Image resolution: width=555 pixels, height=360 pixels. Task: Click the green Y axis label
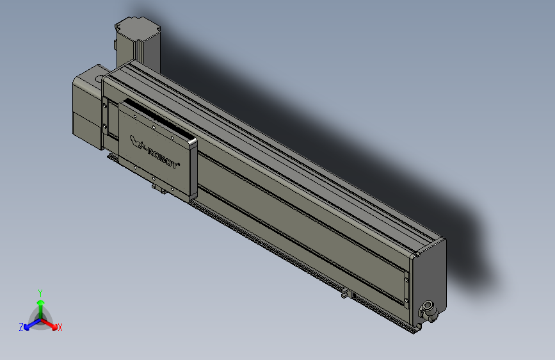40,291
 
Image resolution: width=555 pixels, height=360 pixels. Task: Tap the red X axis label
60,327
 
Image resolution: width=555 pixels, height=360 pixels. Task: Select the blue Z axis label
21,327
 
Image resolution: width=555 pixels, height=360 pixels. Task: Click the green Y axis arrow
40,304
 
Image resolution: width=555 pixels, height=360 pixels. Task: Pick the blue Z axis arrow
29,324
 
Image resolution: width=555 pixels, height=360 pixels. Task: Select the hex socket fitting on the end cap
426,311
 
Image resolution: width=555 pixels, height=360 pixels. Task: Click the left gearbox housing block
86,109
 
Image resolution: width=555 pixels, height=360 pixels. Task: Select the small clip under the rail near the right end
345,294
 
